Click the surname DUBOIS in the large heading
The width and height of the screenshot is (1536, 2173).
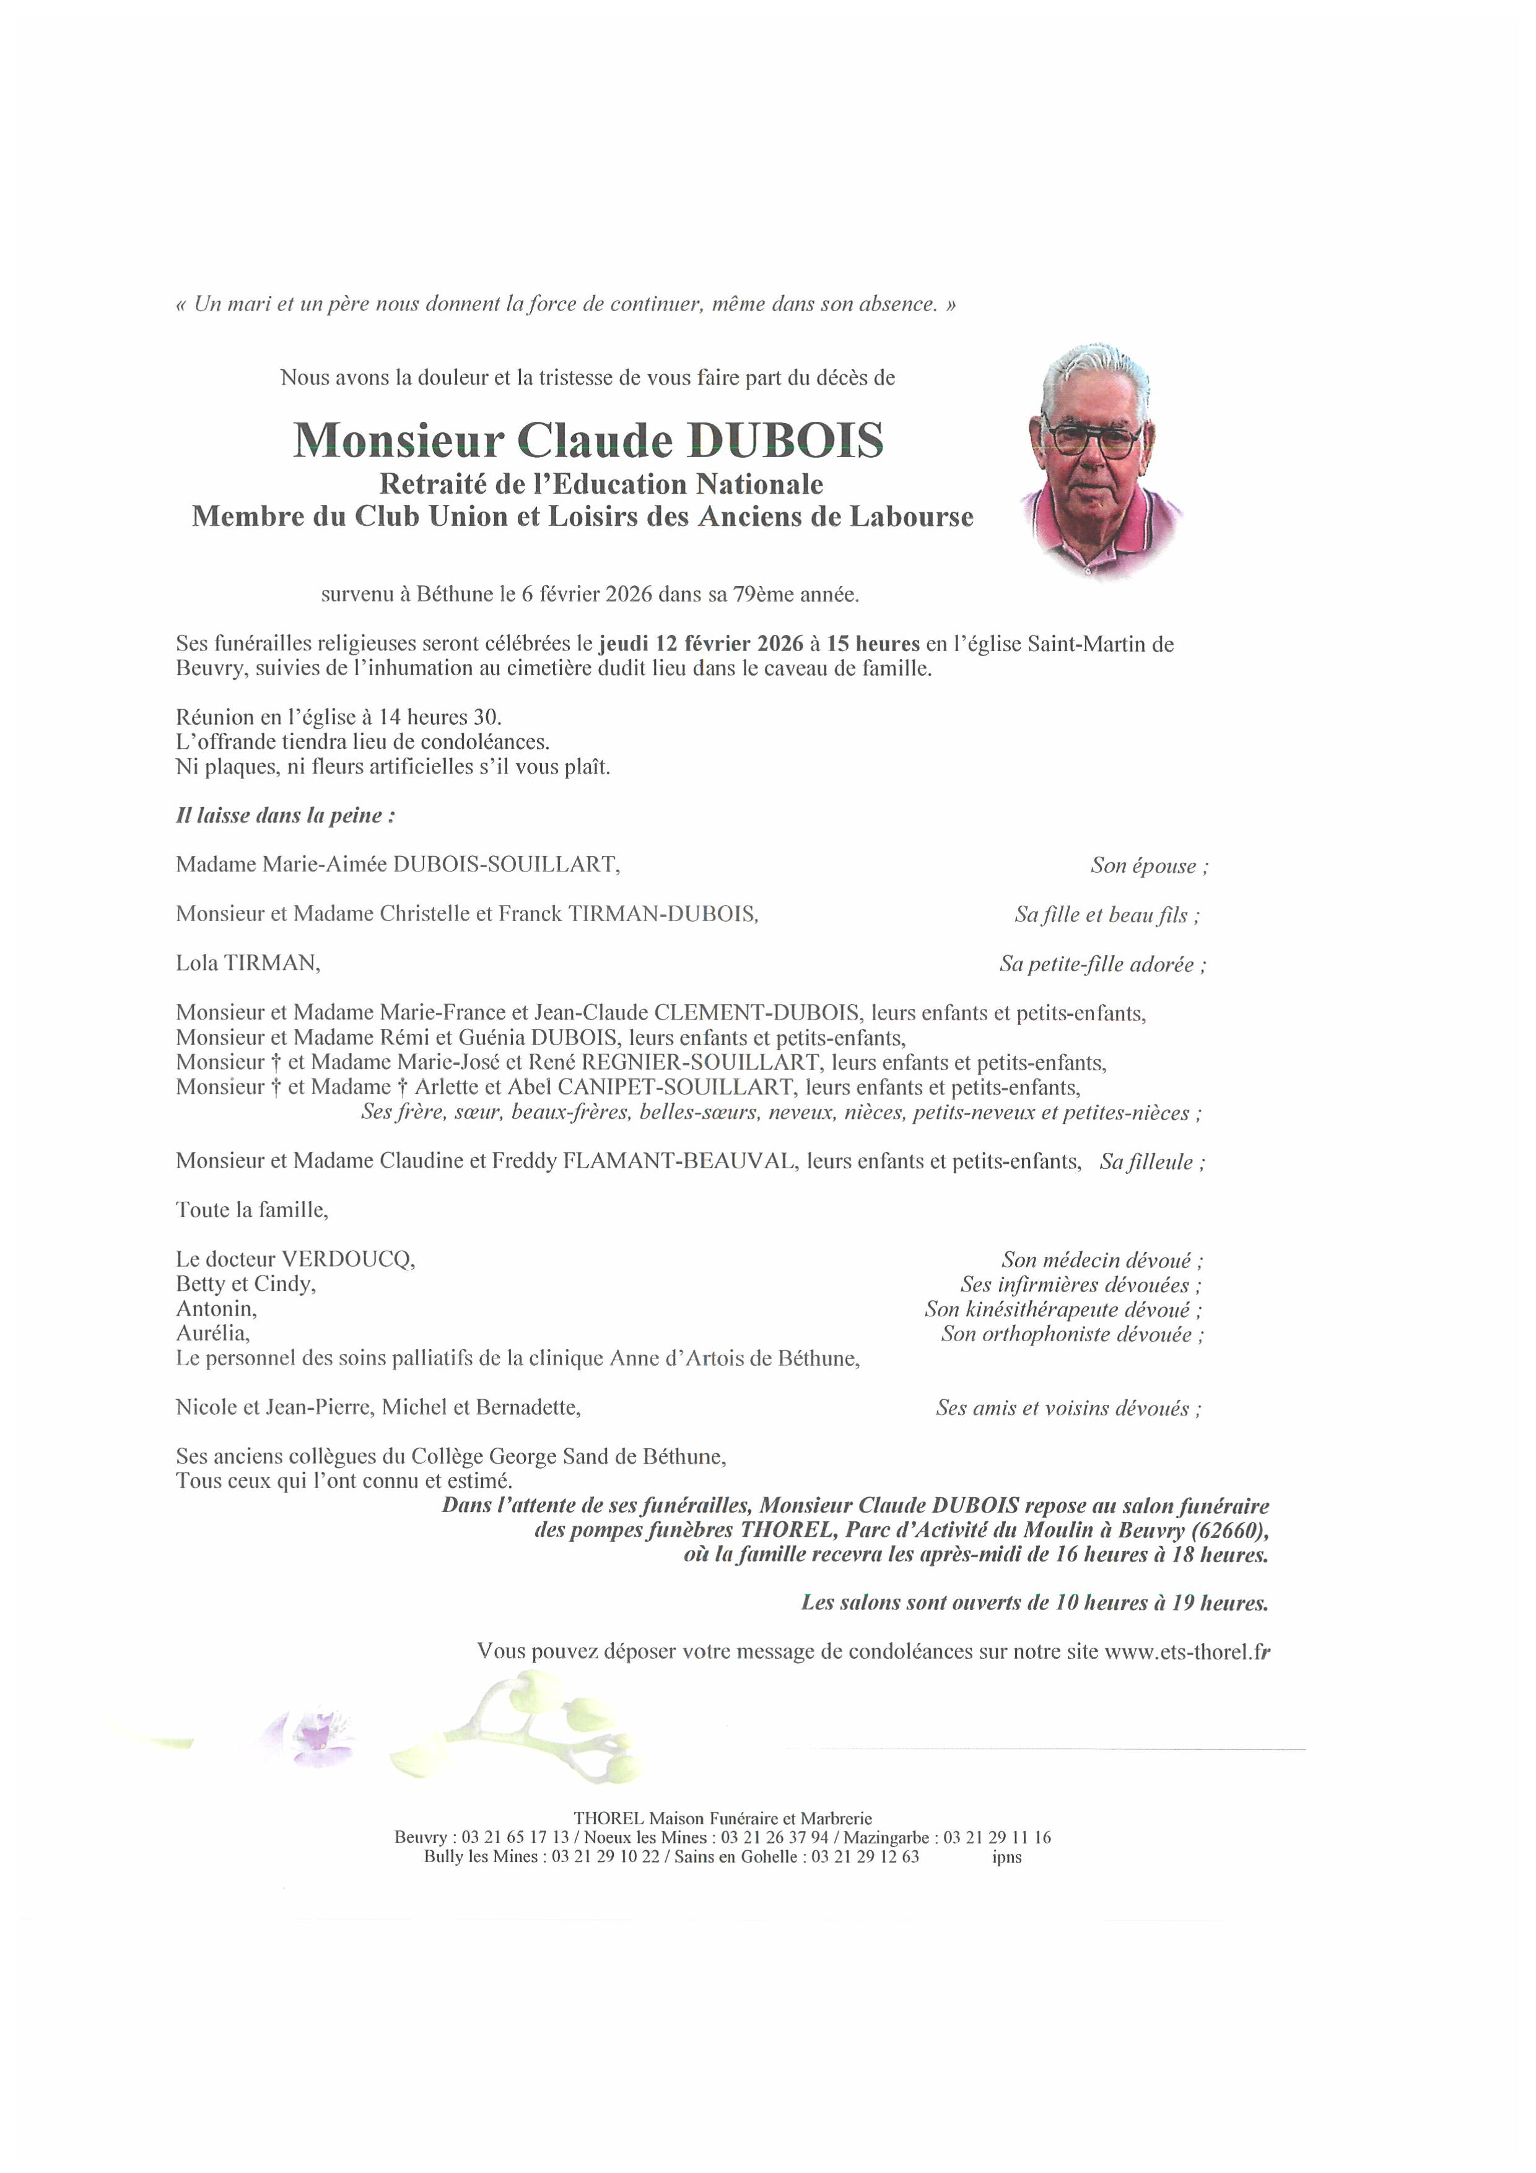(785, 440)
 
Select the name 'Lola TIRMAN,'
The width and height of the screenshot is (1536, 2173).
(248, 963)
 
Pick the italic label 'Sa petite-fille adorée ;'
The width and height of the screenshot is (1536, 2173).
(1102, 964)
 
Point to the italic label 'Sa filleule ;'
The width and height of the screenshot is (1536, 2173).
(1151, 1162)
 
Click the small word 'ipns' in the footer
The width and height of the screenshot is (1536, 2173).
(1007, 1857)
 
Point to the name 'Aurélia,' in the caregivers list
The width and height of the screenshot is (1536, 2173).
(213, 1334)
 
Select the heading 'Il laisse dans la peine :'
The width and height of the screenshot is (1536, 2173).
(286, 816)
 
